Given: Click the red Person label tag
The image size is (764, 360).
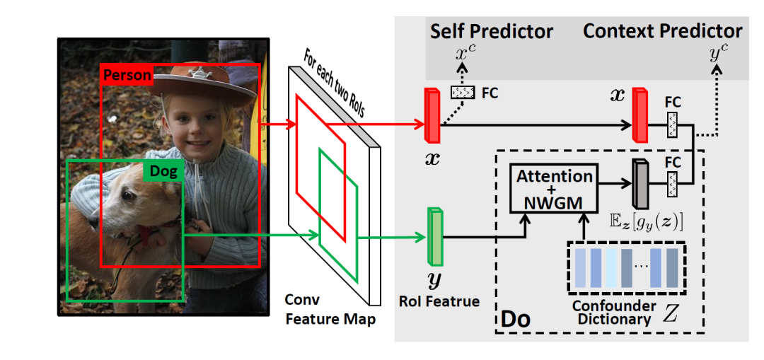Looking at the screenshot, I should point(127,75).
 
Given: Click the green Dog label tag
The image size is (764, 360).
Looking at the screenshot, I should point(162,170).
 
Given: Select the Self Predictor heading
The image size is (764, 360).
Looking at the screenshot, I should point(492,31).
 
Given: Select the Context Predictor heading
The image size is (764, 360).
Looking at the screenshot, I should point(662,31).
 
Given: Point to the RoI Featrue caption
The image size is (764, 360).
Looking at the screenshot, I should point(439,301).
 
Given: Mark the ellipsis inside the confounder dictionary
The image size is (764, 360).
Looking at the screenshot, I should point(641,267).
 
